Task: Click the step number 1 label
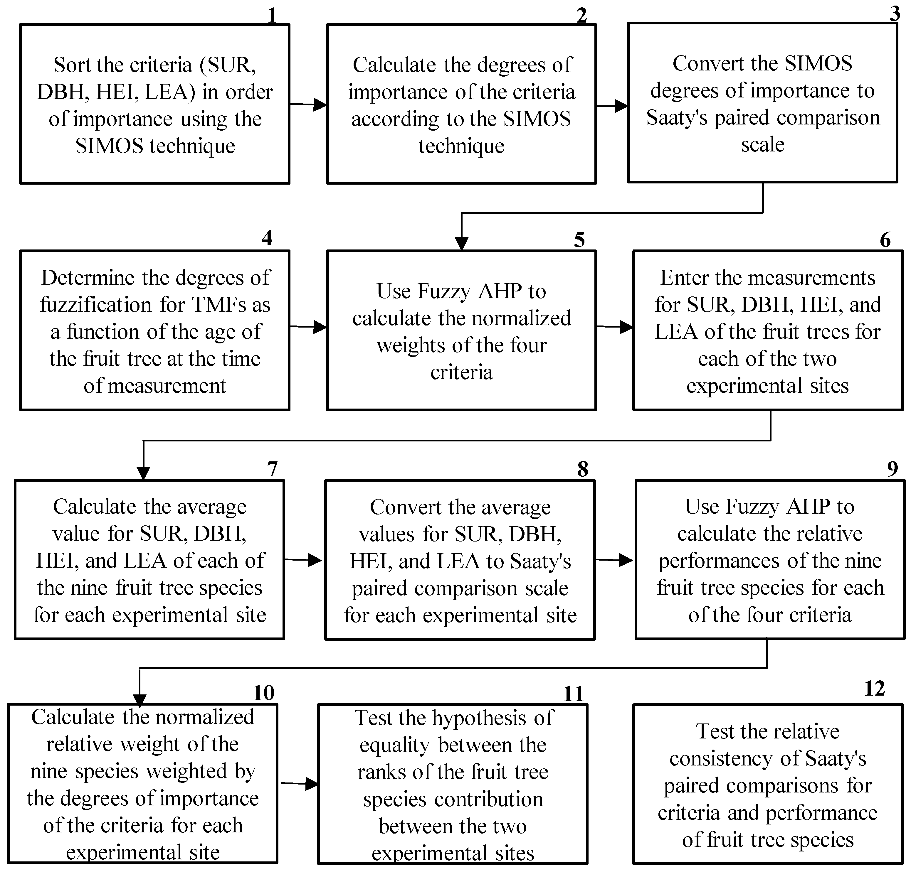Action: (x=272, y=16)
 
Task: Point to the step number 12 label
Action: (x=874, y=689)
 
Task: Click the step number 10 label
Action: (x=263, y=693)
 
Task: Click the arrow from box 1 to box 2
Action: (x=308, y=104)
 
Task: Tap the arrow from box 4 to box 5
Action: (x=308, y=327)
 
